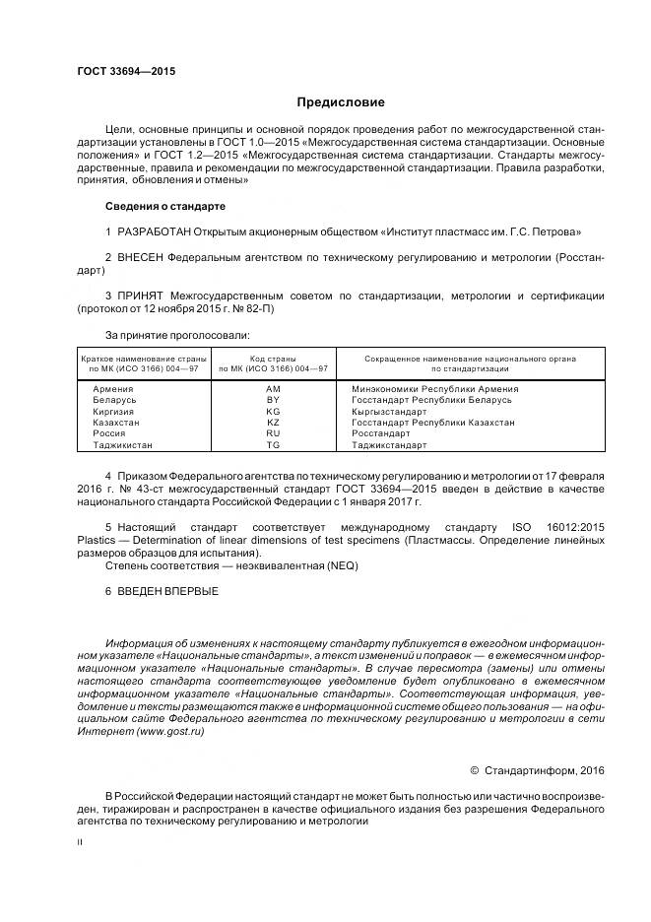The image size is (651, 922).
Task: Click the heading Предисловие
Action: [x=341, y=102]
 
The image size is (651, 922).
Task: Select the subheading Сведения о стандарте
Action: [x=164, y=207]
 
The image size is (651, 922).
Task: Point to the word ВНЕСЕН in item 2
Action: [x=140, y=257]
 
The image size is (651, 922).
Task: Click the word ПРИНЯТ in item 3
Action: [x=140, y=295]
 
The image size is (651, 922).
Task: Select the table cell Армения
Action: [x=112, y=389]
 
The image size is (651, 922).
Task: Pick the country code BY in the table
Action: [x=273, y=401]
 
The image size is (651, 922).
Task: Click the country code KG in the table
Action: [x=273, y=412]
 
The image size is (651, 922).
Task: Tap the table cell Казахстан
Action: [x=116, y=423]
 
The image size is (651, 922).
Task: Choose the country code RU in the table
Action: [x=273, y=433]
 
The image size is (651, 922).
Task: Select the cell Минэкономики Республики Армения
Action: [x=434, y=389]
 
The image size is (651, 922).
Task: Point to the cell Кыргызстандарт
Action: [x=389, y=412]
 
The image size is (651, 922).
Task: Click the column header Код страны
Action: [x=273, y=359]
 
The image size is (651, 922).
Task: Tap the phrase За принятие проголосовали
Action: [x=164, y=334]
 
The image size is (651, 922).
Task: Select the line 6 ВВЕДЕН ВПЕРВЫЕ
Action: [x=162, y=591]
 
